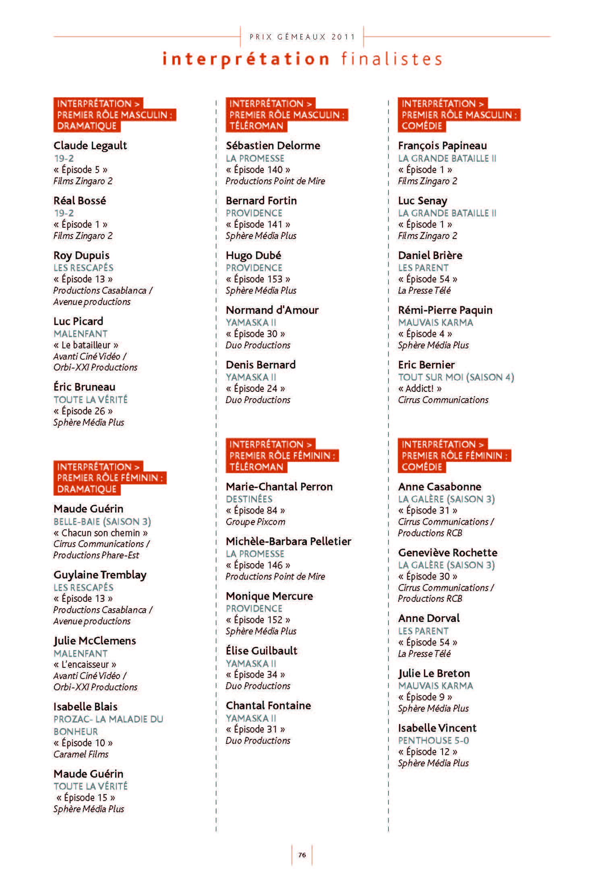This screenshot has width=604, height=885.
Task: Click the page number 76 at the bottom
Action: [302, 855]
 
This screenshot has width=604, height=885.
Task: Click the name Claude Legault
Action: [90, 146]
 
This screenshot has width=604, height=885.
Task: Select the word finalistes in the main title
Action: [392, 59]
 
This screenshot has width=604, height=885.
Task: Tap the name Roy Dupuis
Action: [81, 255]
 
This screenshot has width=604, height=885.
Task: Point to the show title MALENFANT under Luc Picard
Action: [81, 334]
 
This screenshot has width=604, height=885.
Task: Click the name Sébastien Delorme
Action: [273, 146]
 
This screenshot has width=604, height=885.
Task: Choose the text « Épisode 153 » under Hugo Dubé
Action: [258, 279]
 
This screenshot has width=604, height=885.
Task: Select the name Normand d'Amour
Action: [272, 310]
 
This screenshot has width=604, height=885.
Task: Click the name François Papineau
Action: [443, 146]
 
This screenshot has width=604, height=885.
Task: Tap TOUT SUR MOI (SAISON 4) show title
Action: [456, 377]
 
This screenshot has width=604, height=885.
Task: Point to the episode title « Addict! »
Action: [420, 389]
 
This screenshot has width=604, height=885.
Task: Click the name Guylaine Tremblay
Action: [100, 575]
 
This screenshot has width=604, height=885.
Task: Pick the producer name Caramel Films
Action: [81, 754]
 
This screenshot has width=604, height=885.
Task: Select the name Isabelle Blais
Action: [85, 707]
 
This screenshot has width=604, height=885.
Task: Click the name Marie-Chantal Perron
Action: [279, 487]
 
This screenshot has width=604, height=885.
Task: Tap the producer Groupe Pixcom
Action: [255, 522]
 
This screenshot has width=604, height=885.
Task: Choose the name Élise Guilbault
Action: [262, 651]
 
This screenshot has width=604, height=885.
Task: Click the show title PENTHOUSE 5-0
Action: [434, 741]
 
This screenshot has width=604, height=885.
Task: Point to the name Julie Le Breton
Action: [434, 673]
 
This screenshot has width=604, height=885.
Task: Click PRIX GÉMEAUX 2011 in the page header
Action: [302, 37]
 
